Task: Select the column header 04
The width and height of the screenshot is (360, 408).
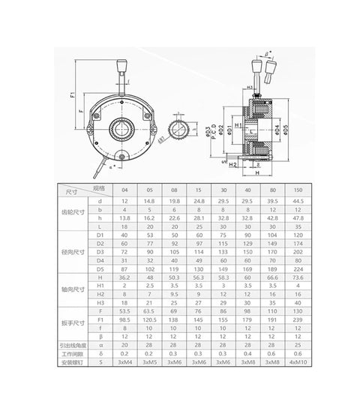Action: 124,190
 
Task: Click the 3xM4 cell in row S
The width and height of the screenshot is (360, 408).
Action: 124,363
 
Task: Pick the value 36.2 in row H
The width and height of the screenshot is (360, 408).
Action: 124,277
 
